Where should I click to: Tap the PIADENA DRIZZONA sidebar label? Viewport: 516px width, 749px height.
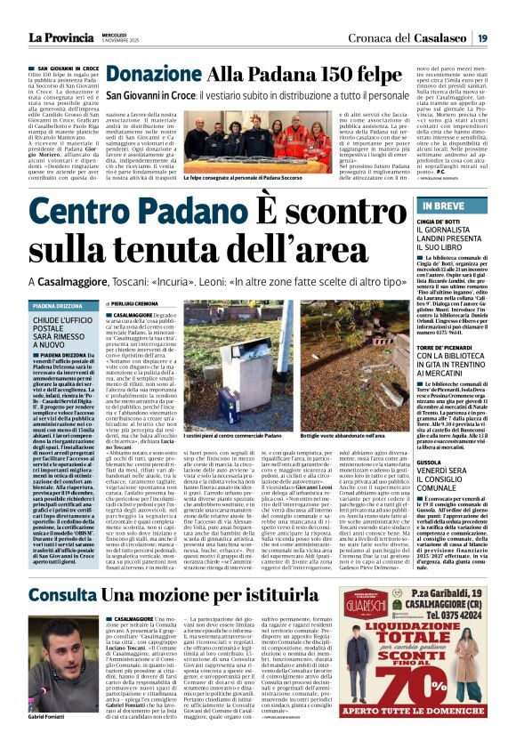[58, 305]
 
